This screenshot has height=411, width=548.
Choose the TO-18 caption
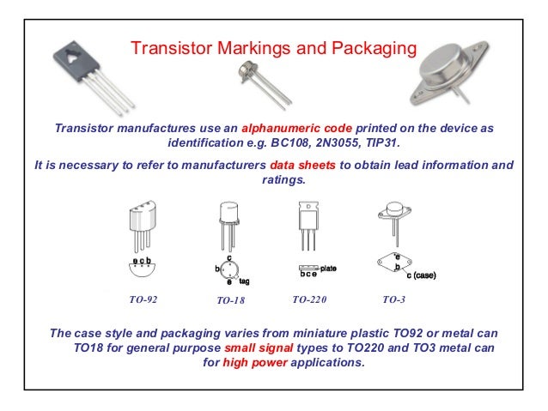coord(230,301)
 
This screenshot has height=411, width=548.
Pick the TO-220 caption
coord(312,300)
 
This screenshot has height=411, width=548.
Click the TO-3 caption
coord(393,300)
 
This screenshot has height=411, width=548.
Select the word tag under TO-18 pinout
coord(245,281)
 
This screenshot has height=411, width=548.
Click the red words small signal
coord(257,348)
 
